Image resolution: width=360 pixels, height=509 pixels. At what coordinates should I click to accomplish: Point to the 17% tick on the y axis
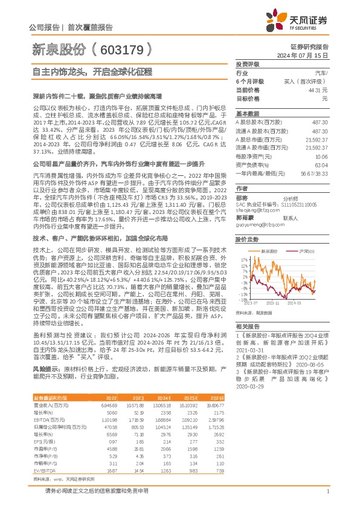[242, 259]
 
